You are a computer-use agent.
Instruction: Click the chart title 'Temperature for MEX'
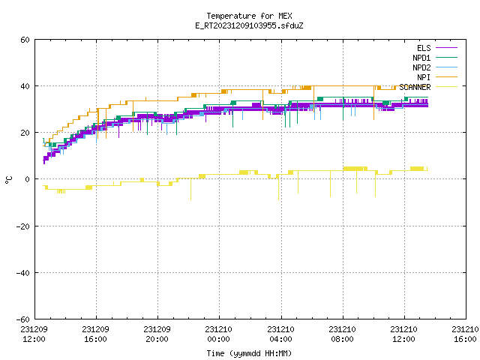click(249, 16)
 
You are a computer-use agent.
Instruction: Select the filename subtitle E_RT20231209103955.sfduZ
click(249, 25)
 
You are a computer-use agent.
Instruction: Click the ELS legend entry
click(424, 48)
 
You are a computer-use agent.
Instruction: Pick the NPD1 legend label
click(421, 58)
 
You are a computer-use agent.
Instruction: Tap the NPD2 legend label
click(421, 67)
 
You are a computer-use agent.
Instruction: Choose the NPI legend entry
click(424, 77)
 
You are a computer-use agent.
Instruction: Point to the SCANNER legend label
click(415, 87)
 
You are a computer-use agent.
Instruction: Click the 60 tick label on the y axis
click(25, 40)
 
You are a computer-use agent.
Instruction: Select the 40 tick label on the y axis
click(25, 86)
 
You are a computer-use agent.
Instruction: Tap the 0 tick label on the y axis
click(28, 179)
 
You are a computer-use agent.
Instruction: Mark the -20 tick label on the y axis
click(23, 226)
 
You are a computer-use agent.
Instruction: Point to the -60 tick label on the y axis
click(23, 319)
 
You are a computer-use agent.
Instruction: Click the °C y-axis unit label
click(8, 180)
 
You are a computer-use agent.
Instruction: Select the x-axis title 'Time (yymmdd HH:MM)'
click(249, 353)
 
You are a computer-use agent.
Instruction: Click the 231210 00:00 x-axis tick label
click(218, 334)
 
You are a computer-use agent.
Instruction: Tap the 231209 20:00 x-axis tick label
click(157, 334)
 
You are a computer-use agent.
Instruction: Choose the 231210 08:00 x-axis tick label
click(342, 334)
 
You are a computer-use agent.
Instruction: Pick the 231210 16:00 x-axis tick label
click(465, 334)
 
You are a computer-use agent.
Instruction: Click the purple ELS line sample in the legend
click(446, 48)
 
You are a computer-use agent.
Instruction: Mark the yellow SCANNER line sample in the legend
click(446, 87)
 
